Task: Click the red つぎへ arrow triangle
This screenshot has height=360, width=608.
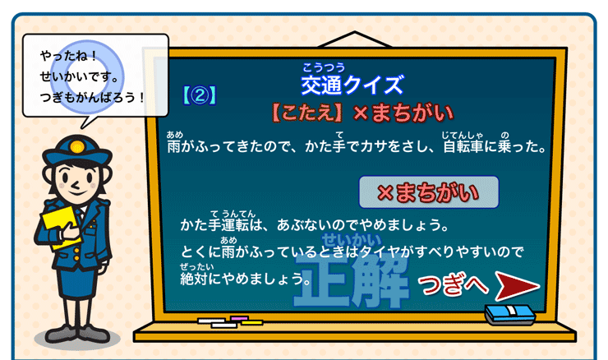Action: point(514,286)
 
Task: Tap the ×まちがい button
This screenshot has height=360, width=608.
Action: point(428,192)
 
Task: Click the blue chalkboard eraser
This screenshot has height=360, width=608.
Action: point(509,314)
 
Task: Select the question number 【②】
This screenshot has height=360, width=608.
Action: point(200,95)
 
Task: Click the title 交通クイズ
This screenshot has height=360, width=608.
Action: point(352,85)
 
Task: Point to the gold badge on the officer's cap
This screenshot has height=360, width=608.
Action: point(76,147)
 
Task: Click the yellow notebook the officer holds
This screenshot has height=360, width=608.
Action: point(60,227)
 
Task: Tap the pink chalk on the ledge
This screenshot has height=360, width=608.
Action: point(239,318)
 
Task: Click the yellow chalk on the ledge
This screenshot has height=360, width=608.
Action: point(252,322)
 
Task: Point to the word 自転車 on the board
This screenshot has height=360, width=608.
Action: point(463,146)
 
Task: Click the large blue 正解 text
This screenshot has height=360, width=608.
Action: point(352,281)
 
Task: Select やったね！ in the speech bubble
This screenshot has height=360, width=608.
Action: point(68,56)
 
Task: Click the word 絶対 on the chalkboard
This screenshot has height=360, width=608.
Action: point(194,279)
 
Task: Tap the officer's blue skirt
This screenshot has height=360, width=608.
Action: point(77,281)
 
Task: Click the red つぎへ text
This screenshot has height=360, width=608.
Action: point(453,285)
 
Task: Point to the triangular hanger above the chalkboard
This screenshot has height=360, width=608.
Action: point(354,39)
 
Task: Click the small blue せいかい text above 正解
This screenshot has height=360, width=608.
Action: point(352,241)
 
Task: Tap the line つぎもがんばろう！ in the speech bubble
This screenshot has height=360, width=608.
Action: point(92,97)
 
